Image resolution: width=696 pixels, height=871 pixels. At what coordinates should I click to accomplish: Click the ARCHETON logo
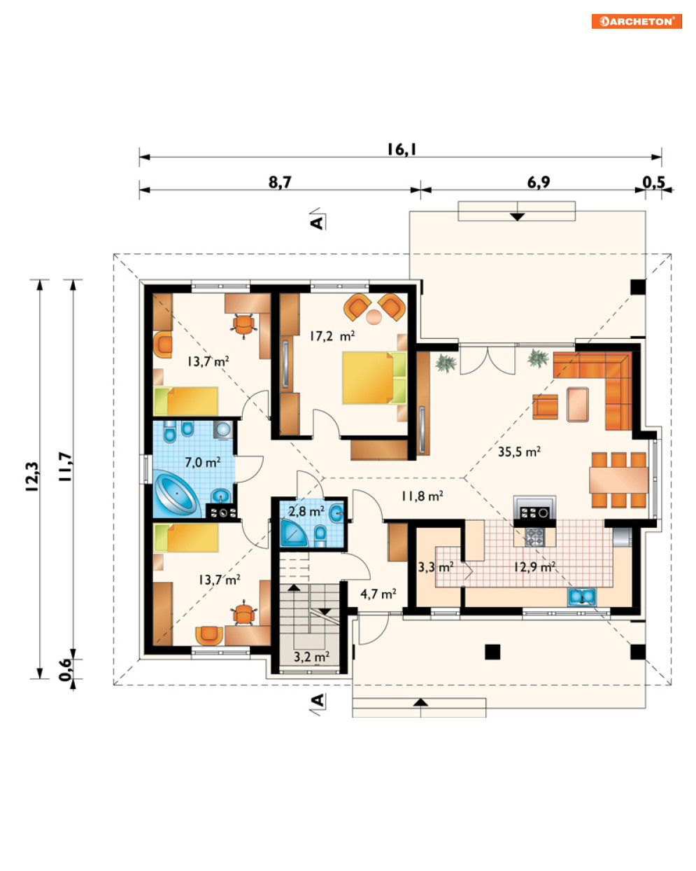tap(636, 21)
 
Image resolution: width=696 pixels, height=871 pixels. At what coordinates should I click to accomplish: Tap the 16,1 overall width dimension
tap(402, 149)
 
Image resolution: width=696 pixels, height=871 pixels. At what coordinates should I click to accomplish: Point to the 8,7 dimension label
tap(280, 182)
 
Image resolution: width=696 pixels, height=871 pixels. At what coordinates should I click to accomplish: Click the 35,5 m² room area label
tap(519, 452)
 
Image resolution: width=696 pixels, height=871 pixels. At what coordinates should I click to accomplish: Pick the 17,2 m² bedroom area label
tap(332, 336)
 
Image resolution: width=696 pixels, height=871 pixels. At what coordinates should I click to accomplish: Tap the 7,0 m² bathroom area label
tap(202, 462)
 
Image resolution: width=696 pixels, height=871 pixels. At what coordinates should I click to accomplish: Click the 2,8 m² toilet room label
tap(306, 511)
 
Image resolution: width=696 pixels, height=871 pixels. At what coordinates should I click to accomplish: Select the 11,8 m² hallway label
tap(422, 496)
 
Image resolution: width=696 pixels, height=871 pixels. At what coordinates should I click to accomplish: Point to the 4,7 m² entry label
tap(378, 594)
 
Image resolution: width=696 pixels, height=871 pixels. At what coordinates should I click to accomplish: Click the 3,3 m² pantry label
tap(435, 567)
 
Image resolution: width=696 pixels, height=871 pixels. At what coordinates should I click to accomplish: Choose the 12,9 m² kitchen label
tap(534, 566)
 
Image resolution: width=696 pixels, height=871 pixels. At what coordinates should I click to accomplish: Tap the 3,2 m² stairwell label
tap(311, 657)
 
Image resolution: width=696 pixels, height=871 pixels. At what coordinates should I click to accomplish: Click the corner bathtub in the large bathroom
tap(177, 494)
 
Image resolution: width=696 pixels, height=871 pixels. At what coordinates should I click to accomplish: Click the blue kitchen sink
tap(581, 597)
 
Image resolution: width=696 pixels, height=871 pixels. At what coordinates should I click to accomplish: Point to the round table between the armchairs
tap(374, 317)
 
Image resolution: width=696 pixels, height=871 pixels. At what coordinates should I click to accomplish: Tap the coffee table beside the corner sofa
tap(578, 404)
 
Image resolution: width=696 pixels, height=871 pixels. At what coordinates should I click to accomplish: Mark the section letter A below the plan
tap(318, 699)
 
